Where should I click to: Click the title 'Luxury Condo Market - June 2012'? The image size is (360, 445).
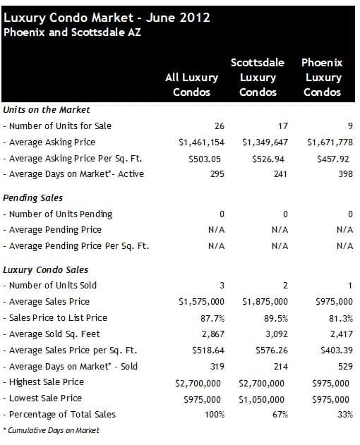pos(107,18)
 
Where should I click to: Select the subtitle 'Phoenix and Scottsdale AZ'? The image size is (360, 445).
pos(72,32)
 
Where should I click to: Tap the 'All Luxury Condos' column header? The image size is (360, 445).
pos(192,85)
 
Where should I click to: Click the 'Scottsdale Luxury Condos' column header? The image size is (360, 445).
pos(258,77)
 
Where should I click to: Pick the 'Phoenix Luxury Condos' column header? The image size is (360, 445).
pos(322,77)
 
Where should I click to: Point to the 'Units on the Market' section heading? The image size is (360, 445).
pos(47,109)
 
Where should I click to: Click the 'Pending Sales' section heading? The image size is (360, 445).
pos(32,197)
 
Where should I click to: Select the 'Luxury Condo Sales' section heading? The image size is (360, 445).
pos(45,269)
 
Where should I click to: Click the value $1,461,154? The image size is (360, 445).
pos(201,142)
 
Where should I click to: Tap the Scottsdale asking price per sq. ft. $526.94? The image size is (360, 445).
pos(268,159)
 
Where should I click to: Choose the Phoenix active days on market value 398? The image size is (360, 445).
pos(345,174)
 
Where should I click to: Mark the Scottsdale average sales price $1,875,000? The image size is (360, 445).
pos(265,302)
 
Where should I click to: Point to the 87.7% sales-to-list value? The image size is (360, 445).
pos(212,319)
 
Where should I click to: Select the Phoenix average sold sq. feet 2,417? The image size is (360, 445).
pos(342,334)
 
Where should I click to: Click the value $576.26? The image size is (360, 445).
pos(272,350)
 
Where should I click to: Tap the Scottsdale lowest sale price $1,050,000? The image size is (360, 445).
pos(261,400)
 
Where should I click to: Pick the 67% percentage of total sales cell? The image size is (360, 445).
pos(280,415)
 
